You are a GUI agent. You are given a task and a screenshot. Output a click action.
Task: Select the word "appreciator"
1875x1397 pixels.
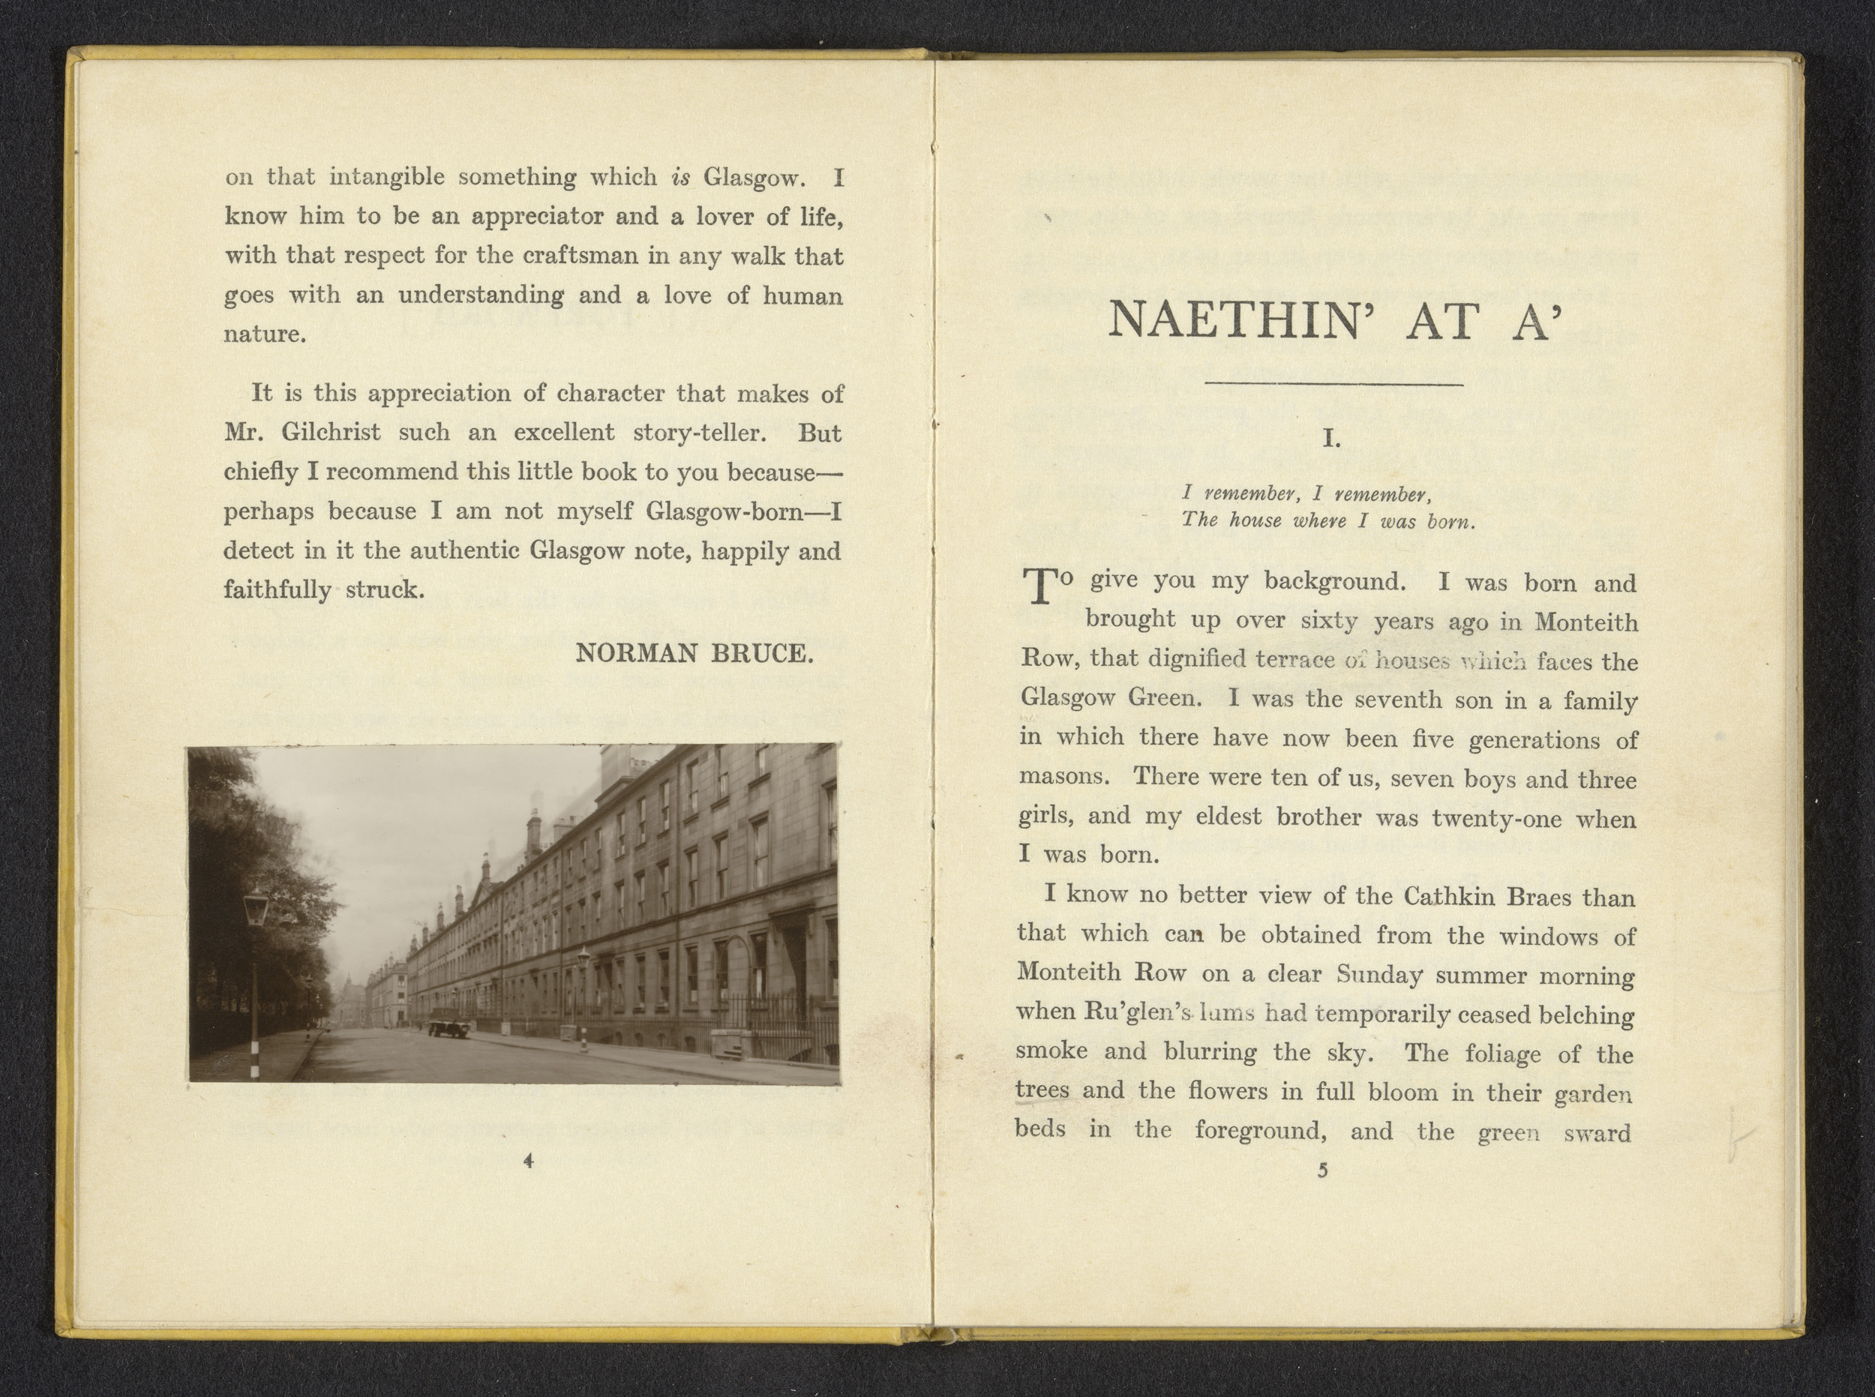[536, 217]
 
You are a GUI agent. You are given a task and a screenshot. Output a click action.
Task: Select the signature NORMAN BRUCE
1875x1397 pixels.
[694, 654]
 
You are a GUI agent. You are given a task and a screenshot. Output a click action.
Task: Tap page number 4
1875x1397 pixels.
[529, 1161]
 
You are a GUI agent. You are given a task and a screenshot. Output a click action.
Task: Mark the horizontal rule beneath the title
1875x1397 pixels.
[1334, 385]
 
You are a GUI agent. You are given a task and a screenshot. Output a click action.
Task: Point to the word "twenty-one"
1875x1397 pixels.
[1496, 819]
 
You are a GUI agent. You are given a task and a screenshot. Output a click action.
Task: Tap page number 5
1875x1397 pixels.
[1324, 1171]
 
